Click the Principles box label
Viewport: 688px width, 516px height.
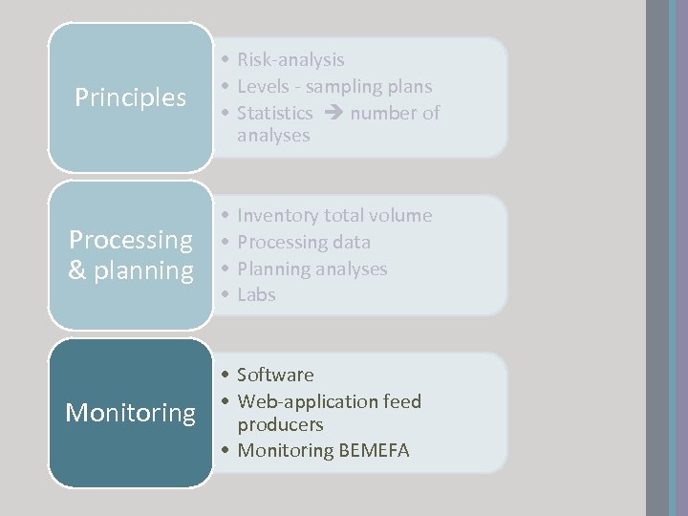[130, 97]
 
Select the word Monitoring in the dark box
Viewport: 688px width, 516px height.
[130, 413]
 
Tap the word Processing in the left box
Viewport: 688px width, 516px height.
[131, 239]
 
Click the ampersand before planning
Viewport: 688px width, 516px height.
[78, 270]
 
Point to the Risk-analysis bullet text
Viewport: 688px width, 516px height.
[290, 60]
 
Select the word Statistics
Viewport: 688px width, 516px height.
[274, 114]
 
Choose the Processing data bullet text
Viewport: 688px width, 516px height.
[304, 243]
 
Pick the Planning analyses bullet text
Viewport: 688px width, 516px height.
[312, 269]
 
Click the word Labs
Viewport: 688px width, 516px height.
[256, 295]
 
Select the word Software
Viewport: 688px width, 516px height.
[275, 375]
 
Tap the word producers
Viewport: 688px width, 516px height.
[280, 424]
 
